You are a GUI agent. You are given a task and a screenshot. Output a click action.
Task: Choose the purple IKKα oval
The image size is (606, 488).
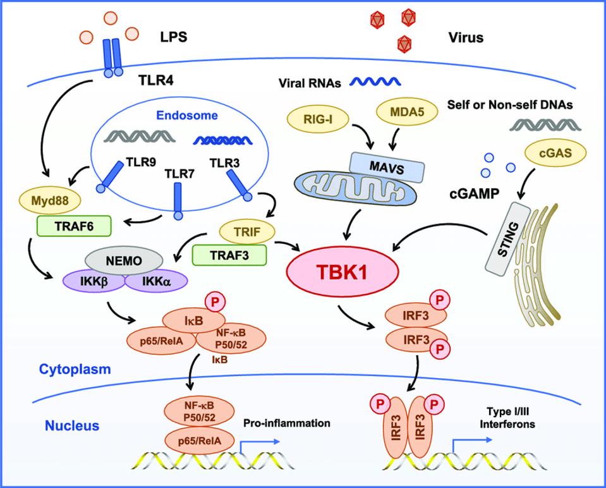pyautogui.click(x=148, y=279)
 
